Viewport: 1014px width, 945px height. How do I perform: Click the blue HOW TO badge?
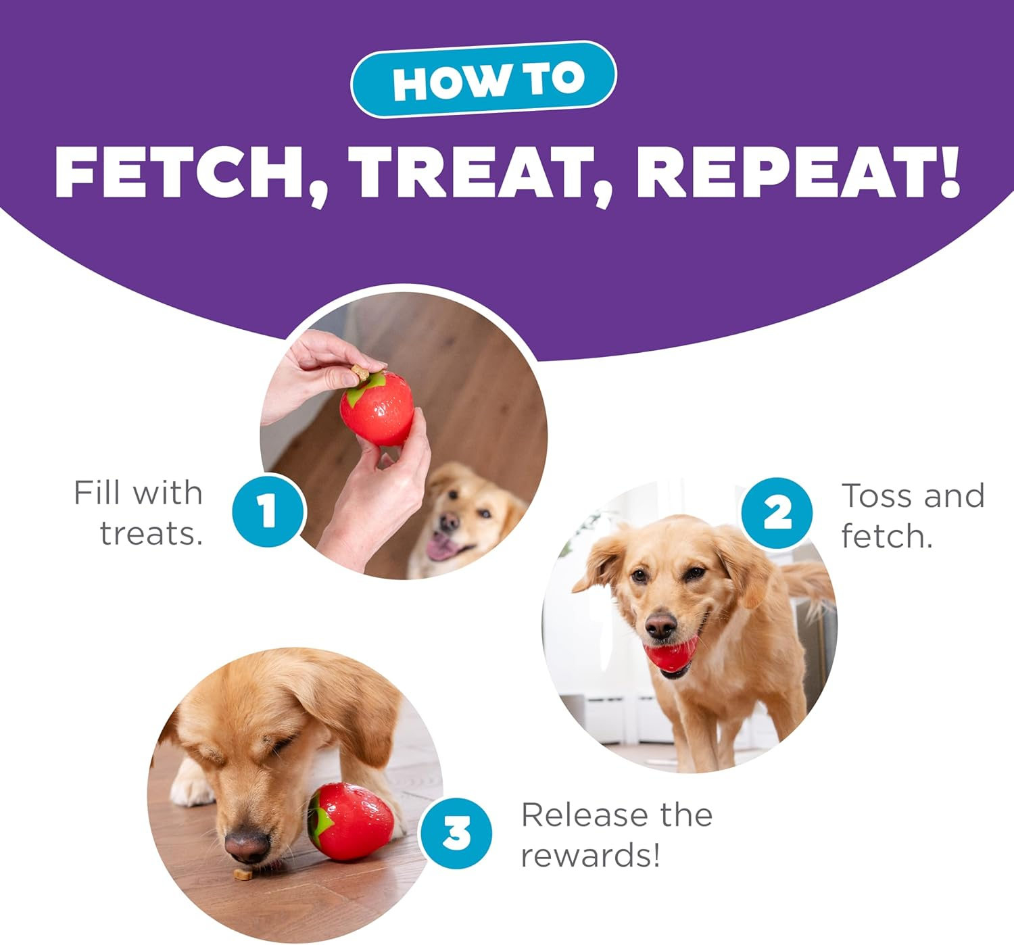(483, 80)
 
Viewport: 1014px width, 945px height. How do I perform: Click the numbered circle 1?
(268, 510)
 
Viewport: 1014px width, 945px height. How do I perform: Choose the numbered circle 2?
(777, 513)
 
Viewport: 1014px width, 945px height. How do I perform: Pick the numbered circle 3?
(456, 833)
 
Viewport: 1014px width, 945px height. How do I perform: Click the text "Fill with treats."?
(139, 513)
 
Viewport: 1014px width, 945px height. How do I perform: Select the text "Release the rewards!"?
(616, 835)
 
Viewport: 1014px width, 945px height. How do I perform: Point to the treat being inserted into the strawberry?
(360, 372)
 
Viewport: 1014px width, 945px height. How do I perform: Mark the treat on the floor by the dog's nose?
(242, 875)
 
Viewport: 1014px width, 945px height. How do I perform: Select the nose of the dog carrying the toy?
(660, 627)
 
